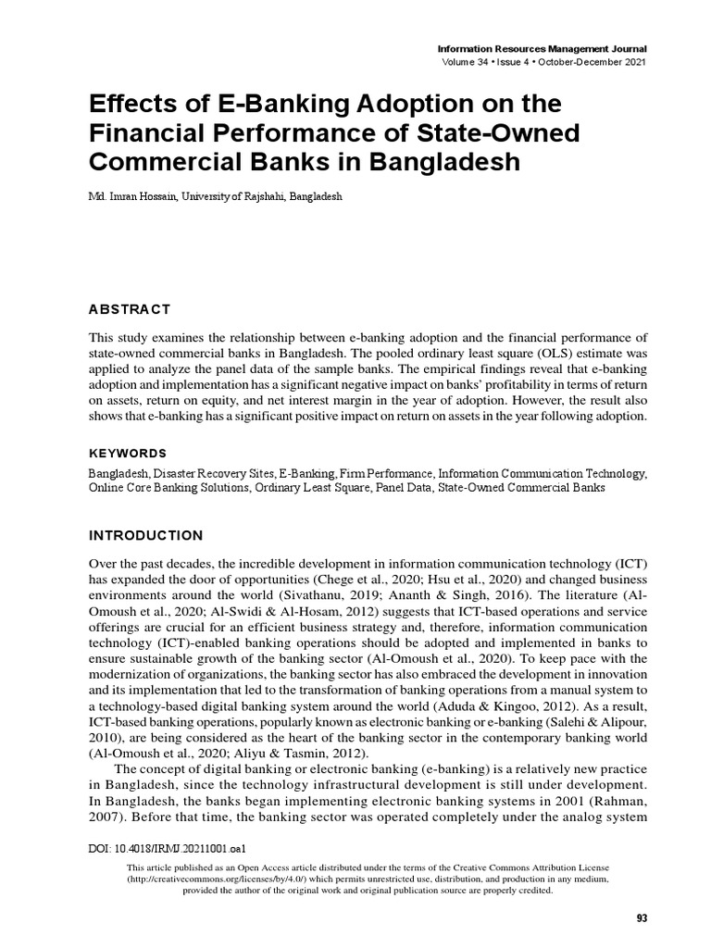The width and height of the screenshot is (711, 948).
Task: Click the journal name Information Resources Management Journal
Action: click(543, 48)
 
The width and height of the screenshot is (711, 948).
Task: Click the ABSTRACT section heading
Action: click(129, 308)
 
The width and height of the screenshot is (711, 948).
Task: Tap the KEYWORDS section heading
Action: click(127, 453)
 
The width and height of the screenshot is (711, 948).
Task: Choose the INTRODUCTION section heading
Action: click(144, 535)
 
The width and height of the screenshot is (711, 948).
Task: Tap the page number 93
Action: click(642, 917)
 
